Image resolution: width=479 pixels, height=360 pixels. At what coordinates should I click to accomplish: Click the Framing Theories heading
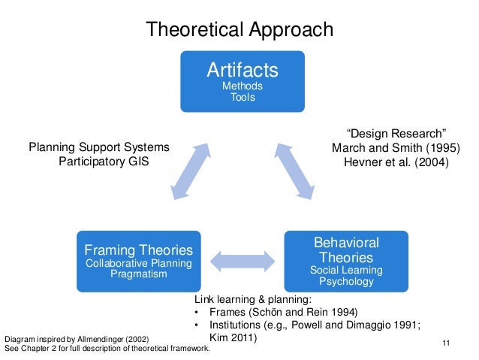click(x=138, y=250)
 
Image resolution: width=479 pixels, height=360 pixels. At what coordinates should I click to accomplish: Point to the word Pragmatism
click(x=138, y=274)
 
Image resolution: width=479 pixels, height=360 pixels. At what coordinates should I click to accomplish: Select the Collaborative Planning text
click(x=138, y=263)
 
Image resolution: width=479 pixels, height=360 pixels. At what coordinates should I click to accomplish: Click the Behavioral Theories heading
click(x=346, y=250)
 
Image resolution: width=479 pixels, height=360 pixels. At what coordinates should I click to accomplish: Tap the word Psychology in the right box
click(x=346, y=282)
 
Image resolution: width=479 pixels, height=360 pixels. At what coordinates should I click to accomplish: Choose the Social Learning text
click(x=346, y=270)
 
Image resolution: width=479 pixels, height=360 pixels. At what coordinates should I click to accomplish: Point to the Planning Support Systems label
click(x=99, y=147)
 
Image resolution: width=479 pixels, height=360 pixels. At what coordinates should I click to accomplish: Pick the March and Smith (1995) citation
click(x=390, y=147)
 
